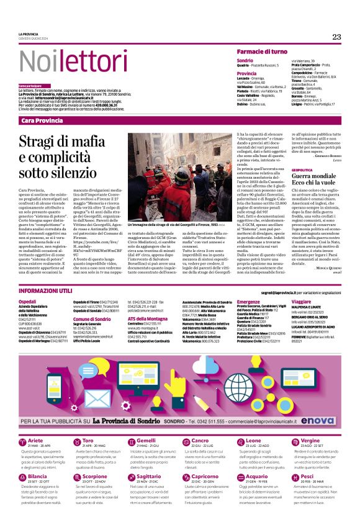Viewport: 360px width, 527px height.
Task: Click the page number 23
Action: [x=336, y=37]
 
